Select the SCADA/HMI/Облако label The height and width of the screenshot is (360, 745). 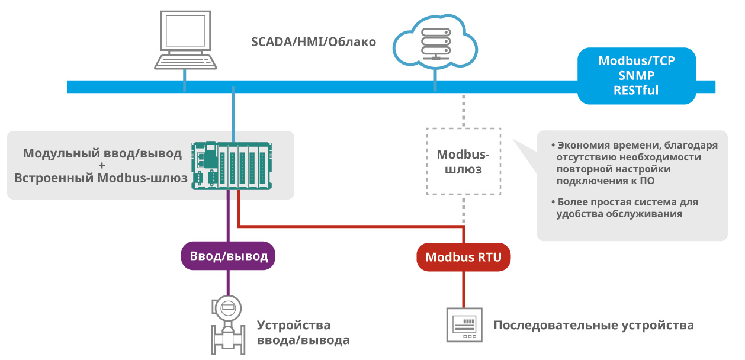(x=313, y=42)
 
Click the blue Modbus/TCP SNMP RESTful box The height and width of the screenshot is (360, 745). (x=637, y=76)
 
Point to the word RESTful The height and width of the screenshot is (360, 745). (x=637, y=91)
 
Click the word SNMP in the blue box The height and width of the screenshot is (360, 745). (x=637, y=76)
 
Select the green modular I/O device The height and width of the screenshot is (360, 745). (x=232, y=166)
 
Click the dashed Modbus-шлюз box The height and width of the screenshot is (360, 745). (x=463, y=162)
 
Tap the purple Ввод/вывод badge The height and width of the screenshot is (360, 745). (x=229, y=256)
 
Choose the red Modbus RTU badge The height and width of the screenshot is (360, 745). (x=463, y=257)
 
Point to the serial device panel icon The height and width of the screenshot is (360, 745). (x=464, y=325)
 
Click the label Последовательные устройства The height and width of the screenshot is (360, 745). (x=593, y=326)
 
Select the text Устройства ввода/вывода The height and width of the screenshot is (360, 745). (x=303, y=333)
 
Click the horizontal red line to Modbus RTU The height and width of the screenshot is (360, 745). (x=349, y=226)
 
